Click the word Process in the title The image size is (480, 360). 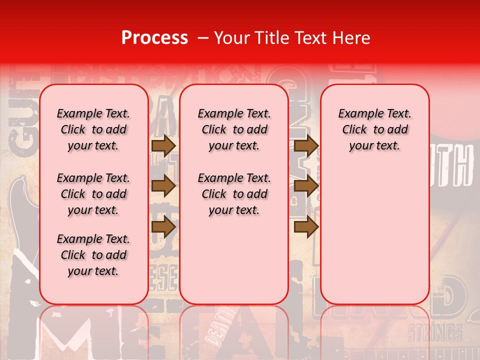(x=154, y=38)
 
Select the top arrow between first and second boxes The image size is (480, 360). (x=163, y=145)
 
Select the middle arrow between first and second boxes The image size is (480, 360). (x=163, y=186)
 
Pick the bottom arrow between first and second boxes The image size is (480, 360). (x=163, y=227)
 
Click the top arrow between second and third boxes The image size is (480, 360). (x=306, y=145)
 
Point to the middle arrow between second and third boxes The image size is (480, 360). (x=306, y=186)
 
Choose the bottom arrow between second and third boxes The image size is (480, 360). (x=306, y=227)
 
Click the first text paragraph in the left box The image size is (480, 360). (x=93, y=129)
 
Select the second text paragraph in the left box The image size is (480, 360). (x=93, y=194)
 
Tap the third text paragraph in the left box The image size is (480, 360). (x=93, y=255)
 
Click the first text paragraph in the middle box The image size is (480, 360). (x=234, y=129)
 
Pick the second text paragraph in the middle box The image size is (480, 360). (x=234, y=194)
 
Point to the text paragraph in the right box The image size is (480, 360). (x=375, y=129)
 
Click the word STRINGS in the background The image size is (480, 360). (x=434, y=332)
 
